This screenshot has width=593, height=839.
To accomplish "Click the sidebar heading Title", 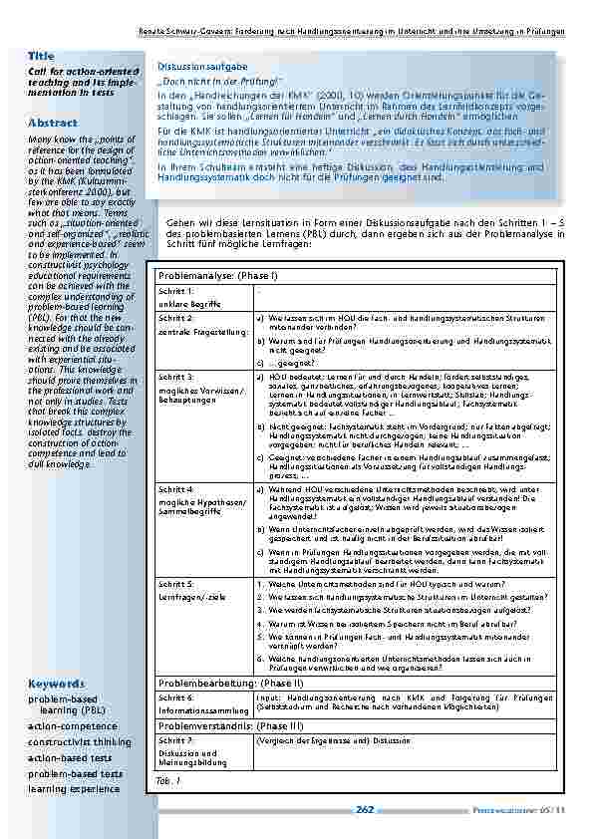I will point(41,57).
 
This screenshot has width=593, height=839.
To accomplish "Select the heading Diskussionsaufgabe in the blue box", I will point(194,66).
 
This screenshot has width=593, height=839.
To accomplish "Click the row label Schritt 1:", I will point(176,291).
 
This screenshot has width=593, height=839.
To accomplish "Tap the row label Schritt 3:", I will point(176,378).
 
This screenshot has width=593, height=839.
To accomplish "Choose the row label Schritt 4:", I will point(176,490).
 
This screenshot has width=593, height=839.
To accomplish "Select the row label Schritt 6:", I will point(176,699).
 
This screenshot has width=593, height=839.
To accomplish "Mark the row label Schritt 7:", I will point(176,742).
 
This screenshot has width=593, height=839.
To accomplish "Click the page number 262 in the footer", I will point(365,809).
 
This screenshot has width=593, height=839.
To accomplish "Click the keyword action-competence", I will point(72,726).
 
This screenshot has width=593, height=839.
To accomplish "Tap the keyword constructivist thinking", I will point(79,742).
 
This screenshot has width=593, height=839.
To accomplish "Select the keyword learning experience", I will point(74,788).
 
